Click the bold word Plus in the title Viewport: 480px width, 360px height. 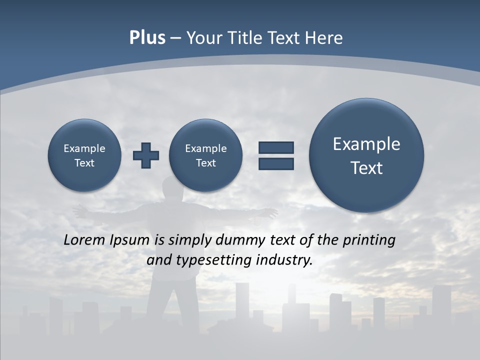click(147, 38)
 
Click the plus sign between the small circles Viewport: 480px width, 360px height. click(146, 155)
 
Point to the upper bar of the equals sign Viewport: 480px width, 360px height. click(276, 148)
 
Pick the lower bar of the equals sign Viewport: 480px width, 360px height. click(276, 163)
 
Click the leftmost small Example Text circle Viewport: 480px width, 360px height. click(84, 155)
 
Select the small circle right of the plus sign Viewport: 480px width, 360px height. click(206, 155)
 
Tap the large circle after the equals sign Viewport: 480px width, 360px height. click(366, 155)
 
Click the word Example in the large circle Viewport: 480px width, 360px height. click(366, 144)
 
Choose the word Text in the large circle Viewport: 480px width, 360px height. click(366, 168)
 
